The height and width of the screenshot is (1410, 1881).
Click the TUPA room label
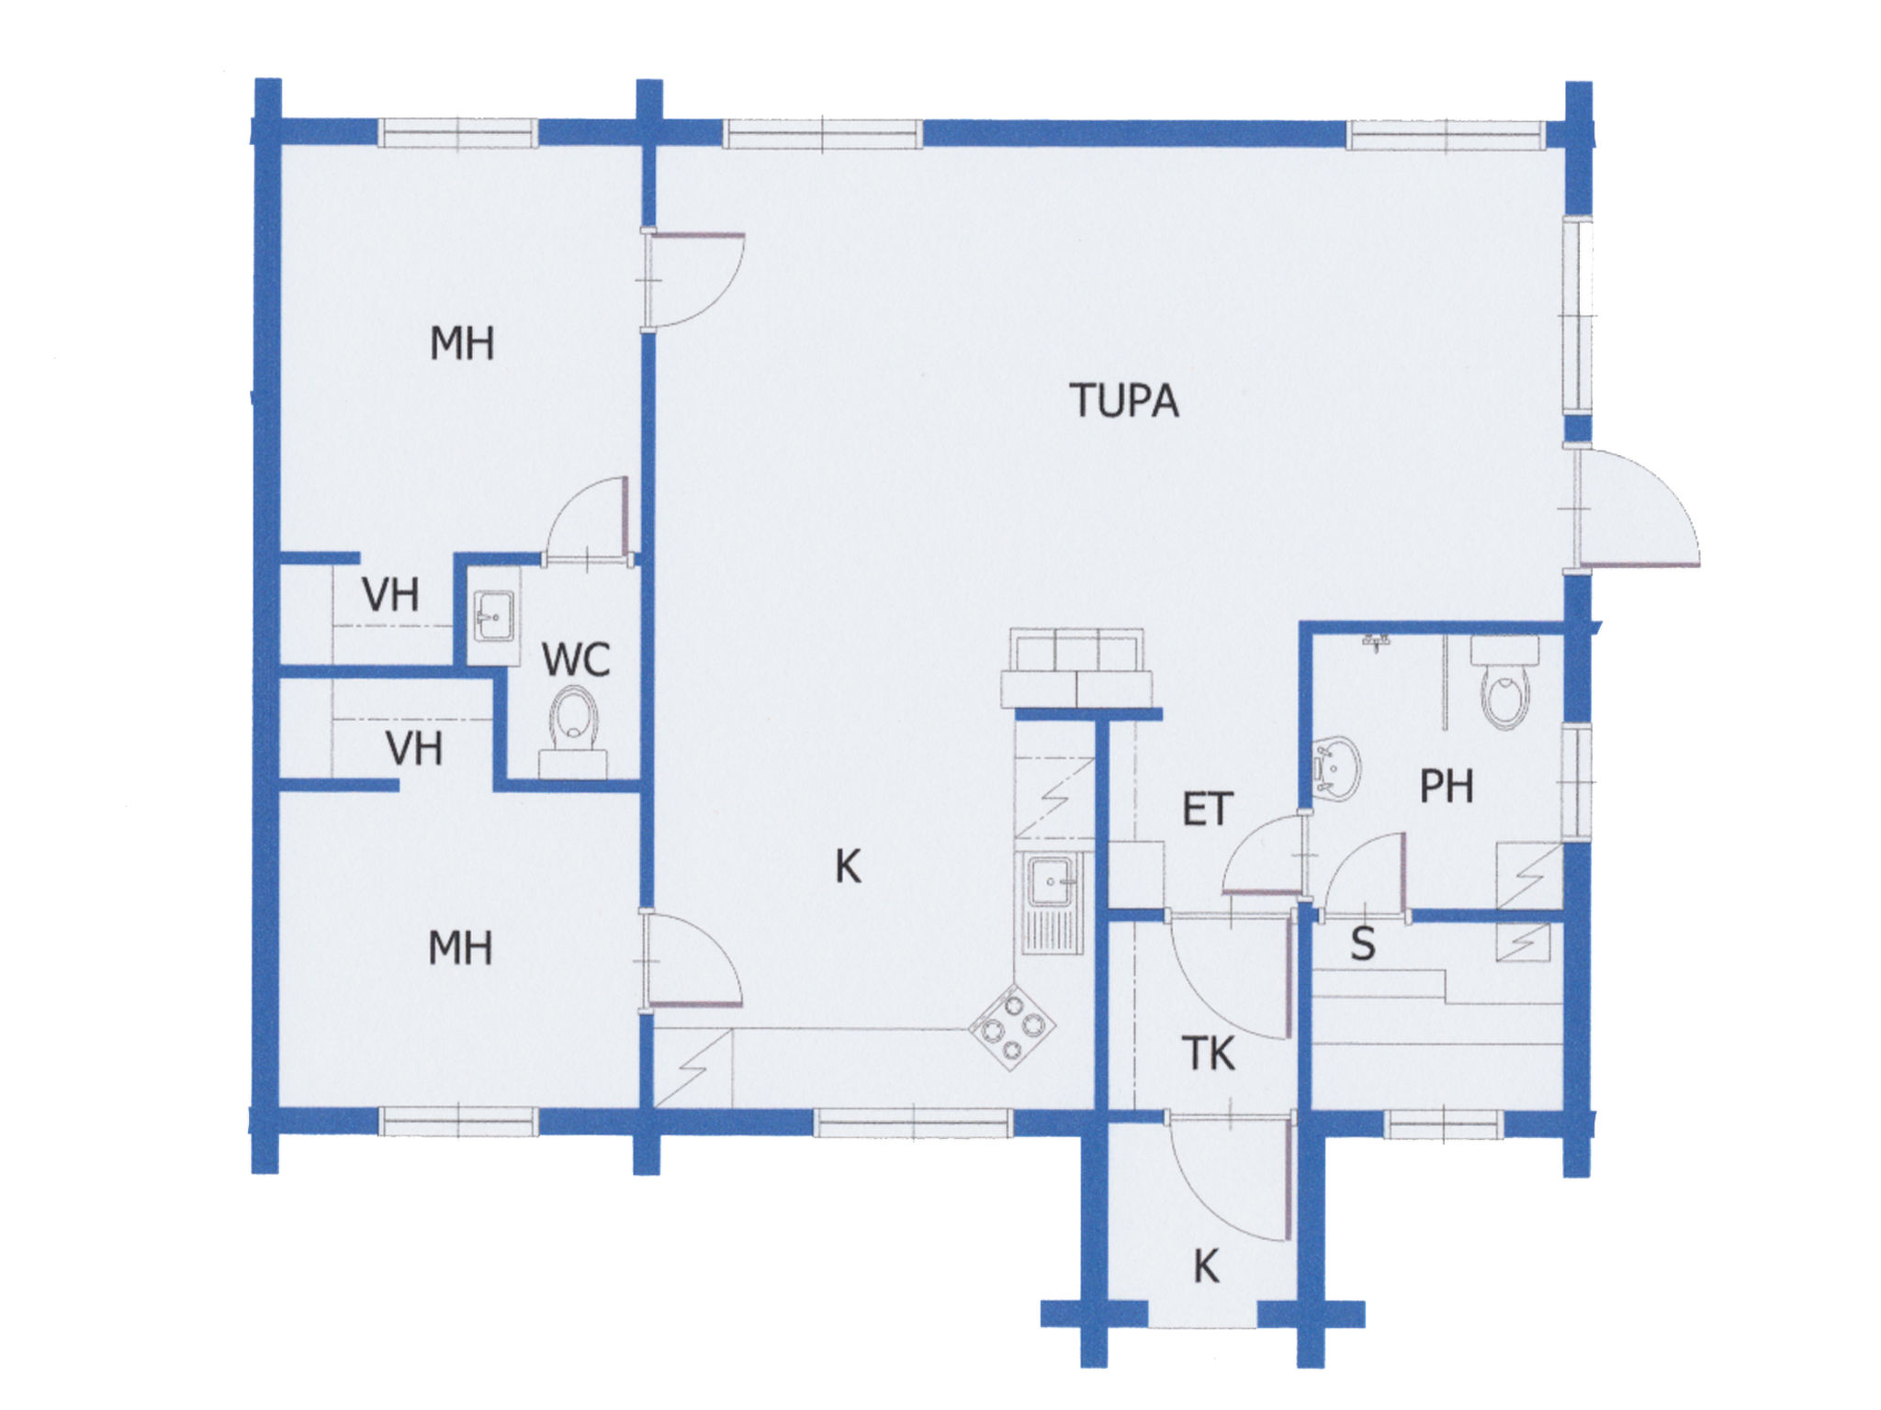pos(1123,401)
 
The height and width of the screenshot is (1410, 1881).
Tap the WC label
pos(576,659)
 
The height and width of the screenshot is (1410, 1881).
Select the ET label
pos(1207,809)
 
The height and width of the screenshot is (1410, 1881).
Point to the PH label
pos(1447,787)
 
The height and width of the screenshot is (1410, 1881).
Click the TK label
pos(1209,1054)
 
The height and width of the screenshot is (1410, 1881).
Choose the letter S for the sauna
pos(1363,944)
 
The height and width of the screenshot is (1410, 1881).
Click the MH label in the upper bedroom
pos(462,343)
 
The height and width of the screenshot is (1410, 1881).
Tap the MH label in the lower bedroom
pos(460,947)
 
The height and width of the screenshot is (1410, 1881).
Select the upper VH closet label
pos(390,595)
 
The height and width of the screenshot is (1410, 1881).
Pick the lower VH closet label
pos(414,748)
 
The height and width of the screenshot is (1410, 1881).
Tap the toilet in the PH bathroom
pos(1505,683)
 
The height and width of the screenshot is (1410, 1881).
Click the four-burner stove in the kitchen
pos(1012,1027)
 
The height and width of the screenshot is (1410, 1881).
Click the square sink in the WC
pos(494,616)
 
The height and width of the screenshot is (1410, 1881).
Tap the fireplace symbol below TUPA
pos(1076,668)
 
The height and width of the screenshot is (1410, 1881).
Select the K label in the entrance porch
pos(1206,1267)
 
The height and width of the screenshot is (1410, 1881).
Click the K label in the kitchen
pos(848,866)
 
